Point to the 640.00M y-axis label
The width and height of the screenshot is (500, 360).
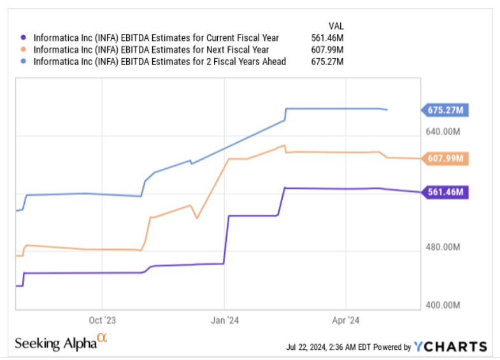click(443, 132)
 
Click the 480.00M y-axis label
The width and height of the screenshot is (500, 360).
click(443, 247)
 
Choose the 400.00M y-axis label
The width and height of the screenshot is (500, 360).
click(443, 305)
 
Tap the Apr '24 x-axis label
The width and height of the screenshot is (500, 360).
click(345, 320)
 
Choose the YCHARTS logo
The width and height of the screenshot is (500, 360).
click(450, 347)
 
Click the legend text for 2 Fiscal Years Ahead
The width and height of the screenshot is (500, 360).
click(159, 62)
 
